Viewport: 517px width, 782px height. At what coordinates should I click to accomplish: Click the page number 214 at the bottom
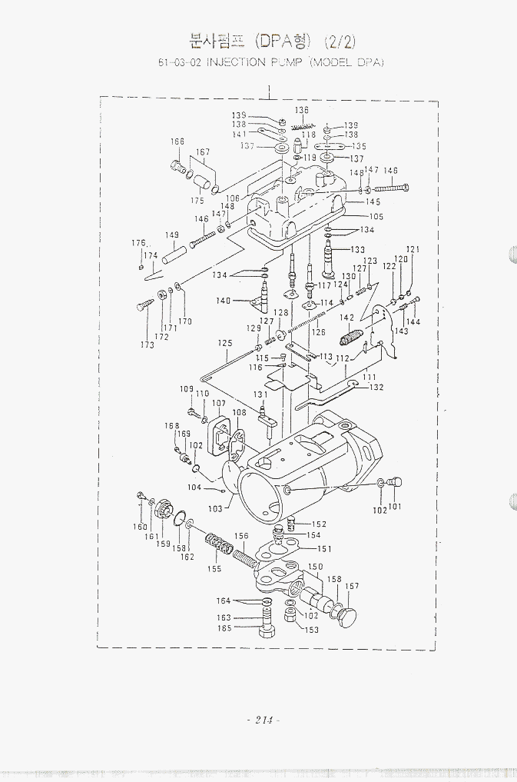[262, 720]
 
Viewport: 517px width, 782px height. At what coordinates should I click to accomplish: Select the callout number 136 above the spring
[302, 111]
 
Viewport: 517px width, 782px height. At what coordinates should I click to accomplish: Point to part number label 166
[177, 142]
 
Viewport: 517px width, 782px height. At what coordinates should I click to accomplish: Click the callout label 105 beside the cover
[376, 217]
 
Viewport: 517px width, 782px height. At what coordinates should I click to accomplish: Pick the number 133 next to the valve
[358, 250]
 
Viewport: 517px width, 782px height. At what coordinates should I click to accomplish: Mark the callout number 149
[172, 235]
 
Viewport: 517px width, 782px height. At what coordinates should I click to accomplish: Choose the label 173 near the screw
[147, 345]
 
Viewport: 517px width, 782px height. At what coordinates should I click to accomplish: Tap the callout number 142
[347, 318]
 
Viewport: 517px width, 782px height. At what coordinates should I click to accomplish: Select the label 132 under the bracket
[376, 388]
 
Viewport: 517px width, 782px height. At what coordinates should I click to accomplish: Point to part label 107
[219, 404]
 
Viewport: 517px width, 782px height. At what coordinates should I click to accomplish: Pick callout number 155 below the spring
[214, 569]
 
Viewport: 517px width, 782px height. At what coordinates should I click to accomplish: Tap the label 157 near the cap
[352, 587]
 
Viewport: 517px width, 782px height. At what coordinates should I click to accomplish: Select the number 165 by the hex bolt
[224, 628]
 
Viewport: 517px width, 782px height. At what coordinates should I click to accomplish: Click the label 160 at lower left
[140, 527]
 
